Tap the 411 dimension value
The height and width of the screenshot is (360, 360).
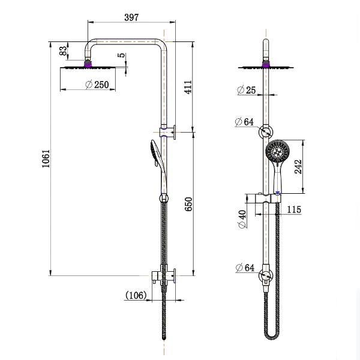pyautogui.click(x=187, y=89)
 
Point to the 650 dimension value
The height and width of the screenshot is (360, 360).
pyautogui.click(x=187, y=204)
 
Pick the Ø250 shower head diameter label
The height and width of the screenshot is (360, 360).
pyautogui.click(x=97, y=85)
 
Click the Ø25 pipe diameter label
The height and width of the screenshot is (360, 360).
pyautogui.click(x=246, y=90)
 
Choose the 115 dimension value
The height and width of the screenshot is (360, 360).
pyautogui.click(x=294, y=210)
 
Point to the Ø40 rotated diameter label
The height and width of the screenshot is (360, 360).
pyautogui.click(x=241, y=219)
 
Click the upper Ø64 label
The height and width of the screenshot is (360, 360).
pyautogui.click(x=245, y=122)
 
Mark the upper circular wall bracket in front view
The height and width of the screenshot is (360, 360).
pyautogui.click(x=266, y=133)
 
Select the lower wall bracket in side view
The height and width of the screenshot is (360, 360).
pyautogui.click(x=163, y=275)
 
